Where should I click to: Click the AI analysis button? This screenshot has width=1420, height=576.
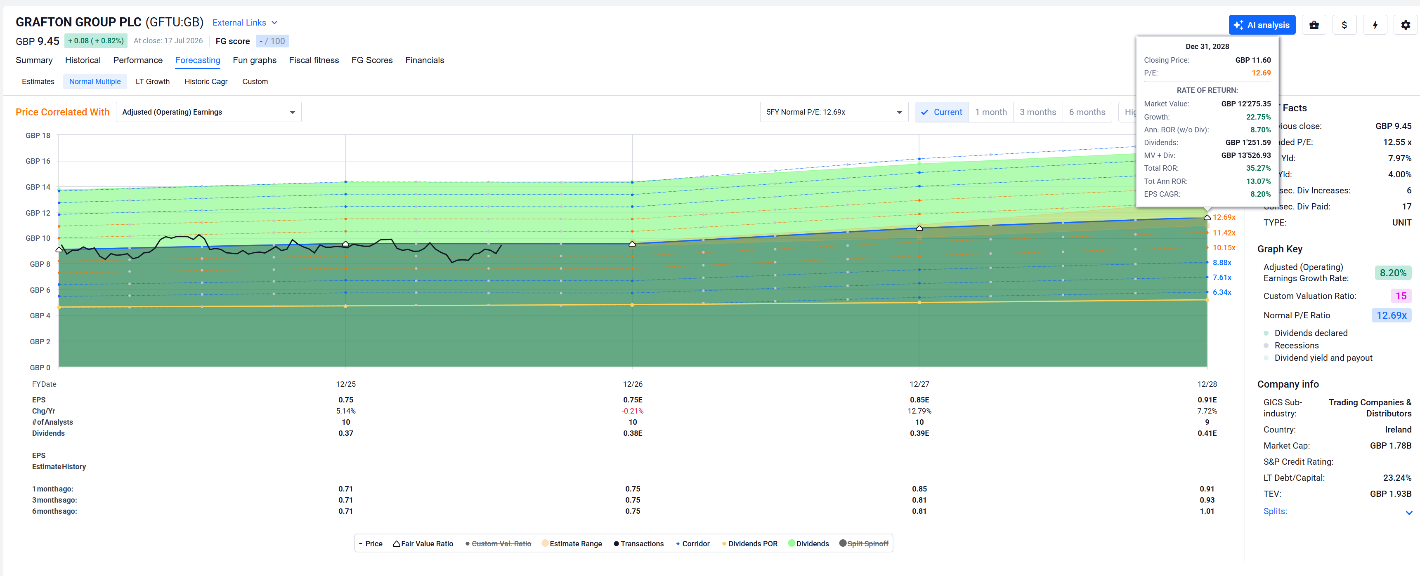click(x=1262, y=25)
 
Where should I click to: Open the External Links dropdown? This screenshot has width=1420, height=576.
click(x=245, y=23)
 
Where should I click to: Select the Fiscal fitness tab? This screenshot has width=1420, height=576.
click(x=314, y=60)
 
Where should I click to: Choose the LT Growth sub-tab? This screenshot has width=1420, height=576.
click(x=153, y=82)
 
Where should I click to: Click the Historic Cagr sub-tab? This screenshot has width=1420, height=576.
click(x=206, y=82)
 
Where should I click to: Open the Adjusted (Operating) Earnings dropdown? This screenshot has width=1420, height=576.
click(x=208, y=112)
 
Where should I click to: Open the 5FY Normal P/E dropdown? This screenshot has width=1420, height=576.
click(x=834, y=112)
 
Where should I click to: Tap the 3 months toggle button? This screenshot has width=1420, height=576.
click(x=1037, y=112)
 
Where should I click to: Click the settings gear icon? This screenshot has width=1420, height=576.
click(x=1405, y=25)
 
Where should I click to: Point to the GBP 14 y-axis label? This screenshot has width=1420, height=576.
click(x=38, y=187)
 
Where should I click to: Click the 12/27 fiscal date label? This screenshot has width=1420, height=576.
click(x=919, y=384)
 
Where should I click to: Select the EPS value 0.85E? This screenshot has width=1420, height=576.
click(x=919, y=400)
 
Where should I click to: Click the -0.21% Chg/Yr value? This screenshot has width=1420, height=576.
click(x=632, y=411)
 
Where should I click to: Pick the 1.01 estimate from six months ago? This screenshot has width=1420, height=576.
click(x=1207, y=511)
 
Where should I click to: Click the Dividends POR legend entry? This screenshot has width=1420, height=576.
click(x=750, y=543)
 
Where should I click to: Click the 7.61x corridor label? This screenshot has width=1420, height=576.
click(x=1222, y=277)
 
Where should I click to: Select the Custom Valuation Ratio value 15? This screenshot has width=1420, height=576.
click(x=1401, y=296)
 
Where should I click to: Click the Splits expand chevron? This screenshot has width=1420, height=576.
click(x=1409, y=513)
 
